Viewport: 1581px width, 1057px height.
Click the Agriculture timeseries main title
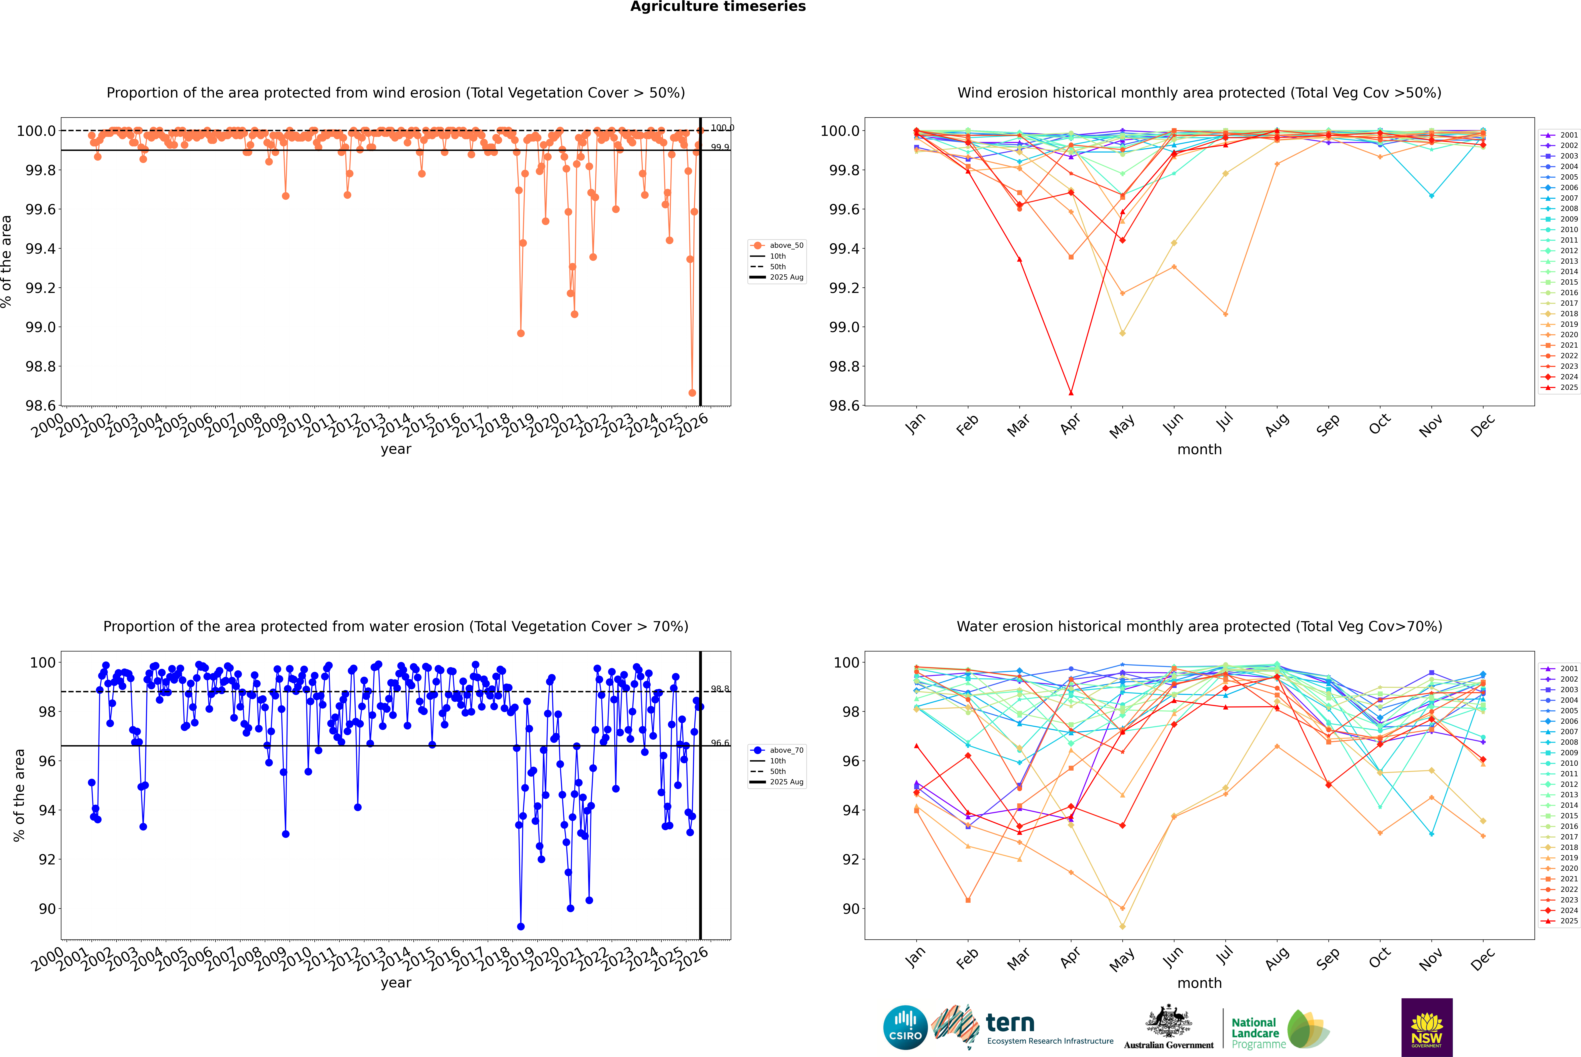[718, 7]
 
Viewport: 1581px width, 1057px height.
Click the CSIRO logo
[905, 1027]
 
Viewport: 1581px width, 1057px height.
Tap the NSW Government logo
[1427, 1027]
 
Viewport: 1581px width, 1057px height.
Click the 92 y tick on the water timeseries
[46, 859]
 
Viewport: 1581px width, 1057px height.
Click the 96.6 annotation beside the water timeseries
[720, 743]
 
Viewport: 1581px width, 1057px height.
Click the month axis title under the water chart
[1199, 983]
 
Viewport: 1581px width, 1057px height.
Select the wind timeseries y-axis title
[7, 261]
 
